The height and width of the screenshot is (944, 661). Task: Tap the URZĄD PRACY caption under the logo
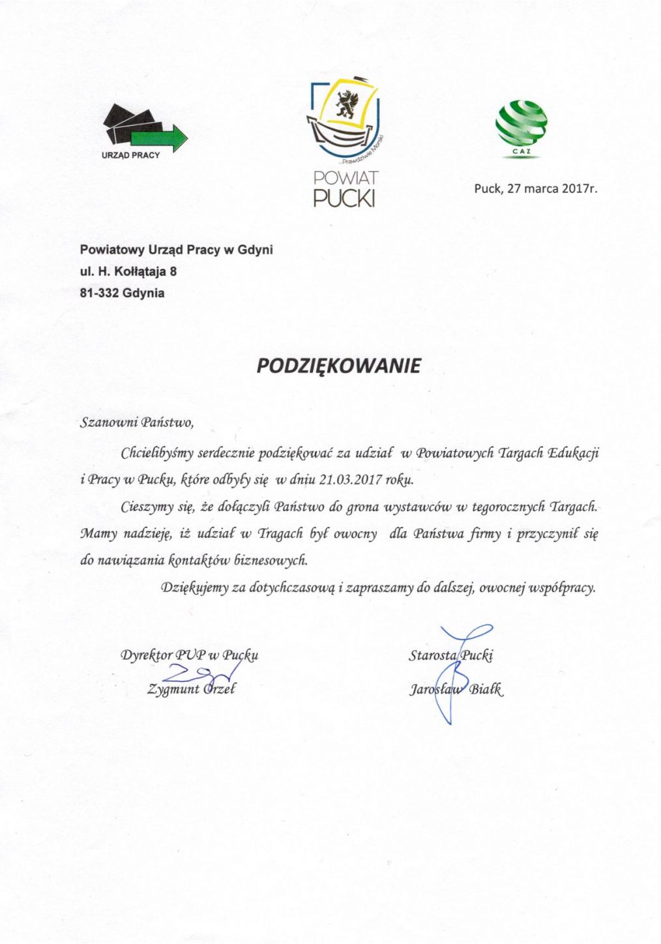point(131,156)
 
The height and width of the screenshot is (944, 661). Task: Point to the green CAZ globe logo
point(521,124)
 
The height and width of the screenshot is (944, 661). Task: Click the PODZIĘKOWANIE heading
point(338,366)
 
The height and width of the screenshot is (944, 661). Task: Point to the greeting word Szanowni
point(106,423)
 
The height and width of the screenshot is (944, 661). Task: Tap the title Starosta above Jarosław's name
point(432,655)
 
